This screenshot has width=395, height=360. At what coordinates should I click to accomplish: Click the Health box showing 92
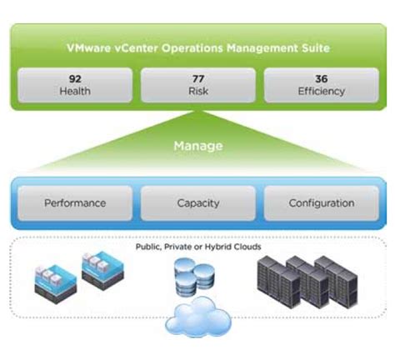[75, 85]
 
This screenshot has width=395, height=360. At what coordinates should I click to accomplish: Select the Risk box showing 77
[198, 85]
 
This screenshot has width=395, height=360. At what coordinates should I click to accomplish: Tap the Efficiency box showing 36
[321, 85]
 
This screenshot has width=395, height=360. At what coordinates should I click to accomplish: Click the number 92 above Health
[75, 78]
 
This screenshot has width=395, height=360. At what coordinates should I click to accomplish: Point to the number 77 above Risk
[198, 78]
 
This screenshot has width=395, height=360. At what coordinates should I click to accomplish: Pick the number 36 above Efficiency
[321, 78]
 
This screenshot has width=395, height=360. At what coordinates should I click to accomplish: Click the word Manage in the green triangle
[198, 146]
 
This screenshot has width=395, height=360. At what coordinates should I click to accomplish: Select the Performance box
[75, 202]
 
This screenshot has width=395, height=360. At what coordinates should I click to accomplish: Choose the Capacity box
[198, 202]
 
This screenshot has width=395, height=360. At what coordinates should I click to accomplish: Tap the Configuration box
[321, 202]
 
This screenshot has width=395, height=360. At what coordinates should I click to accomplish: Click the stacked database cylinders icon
[194, 277]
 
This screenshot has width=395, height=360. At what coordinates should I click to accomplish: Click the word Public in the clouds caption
[149, 247]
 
